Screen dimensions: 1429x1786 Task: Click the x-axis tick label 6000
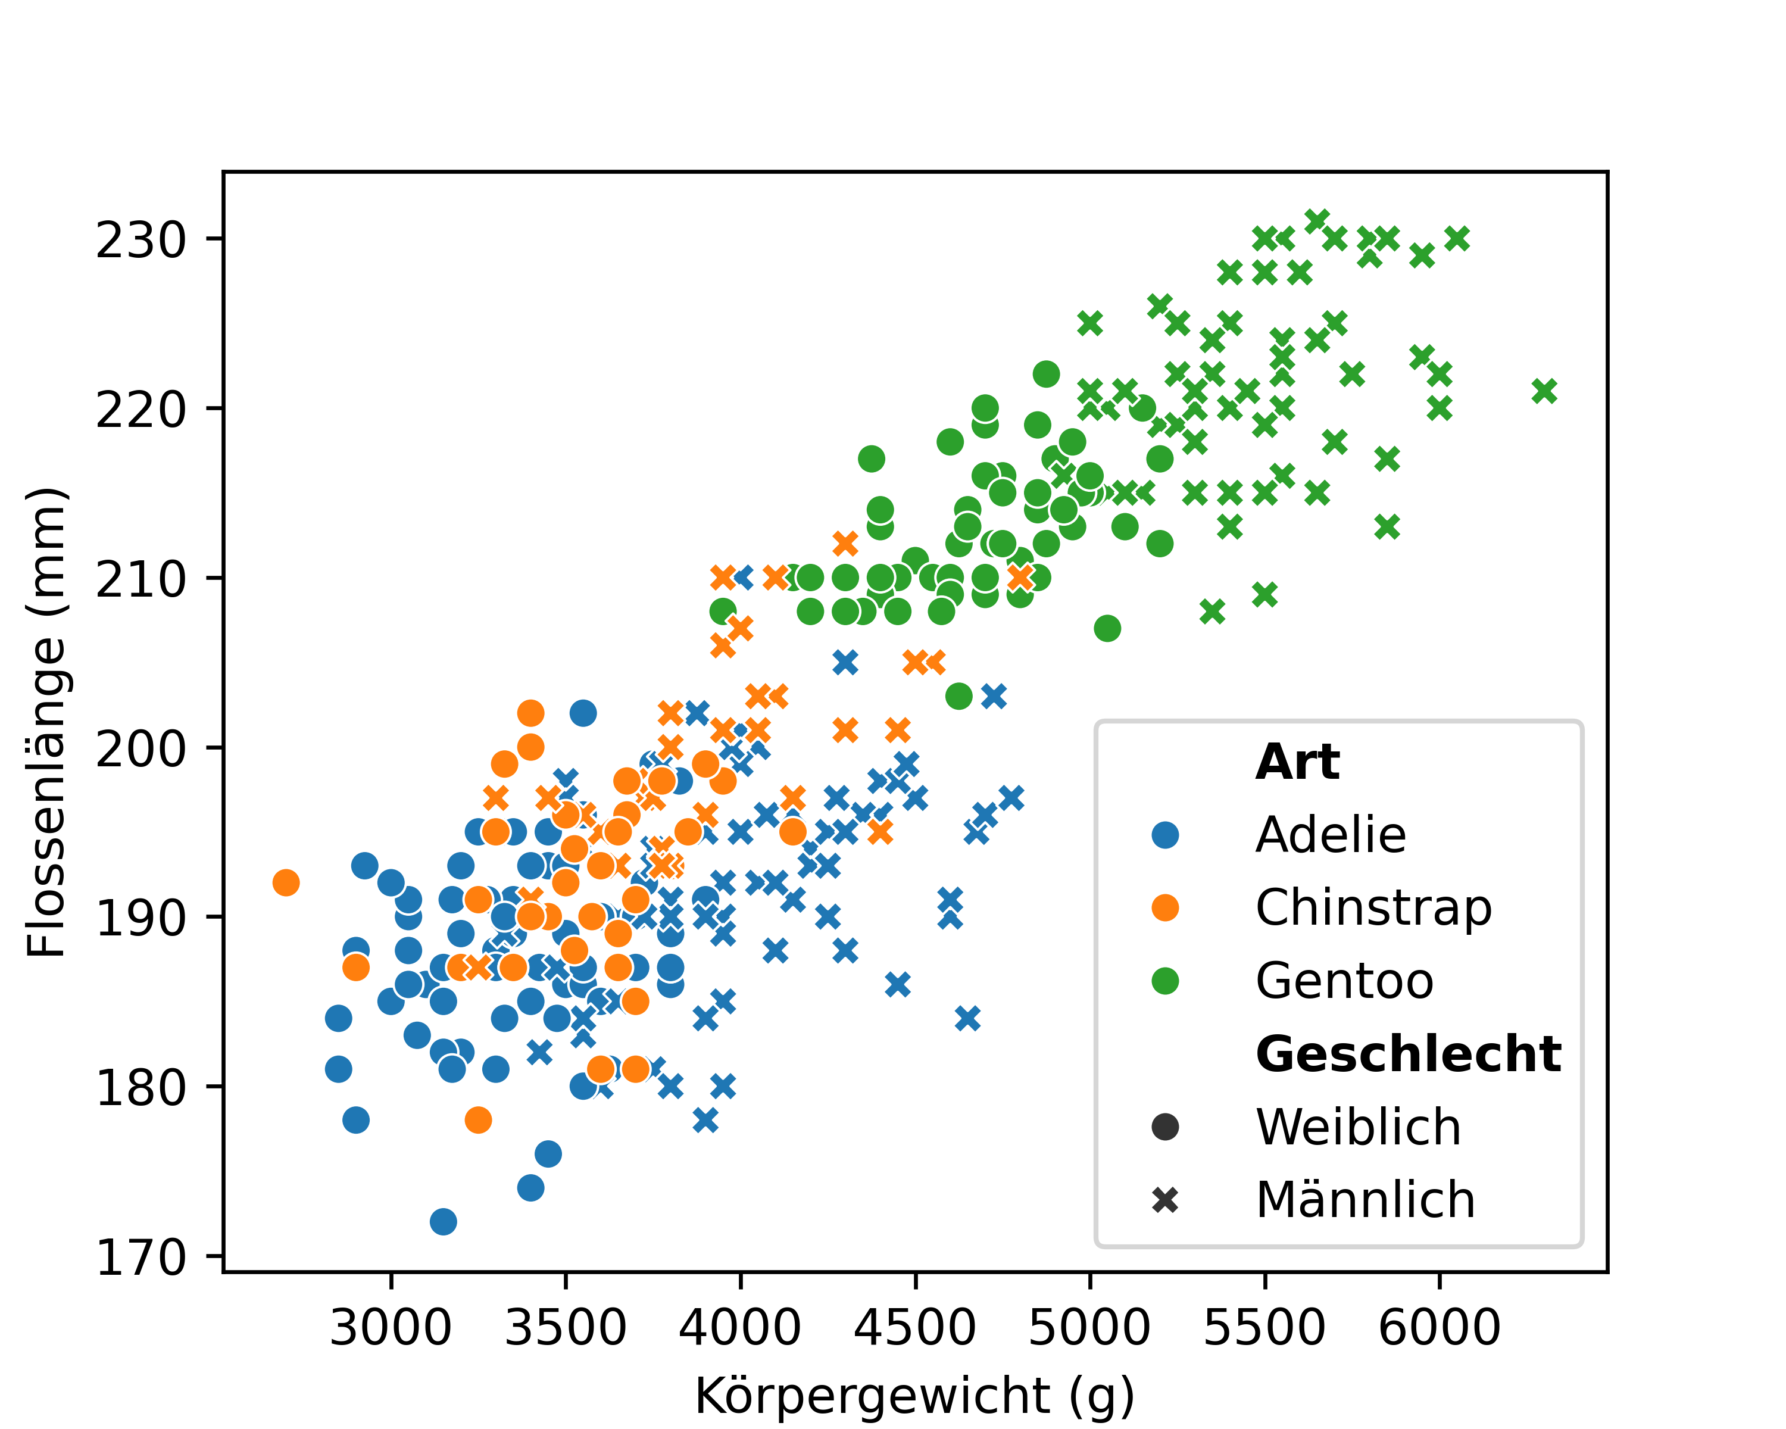[1439, 1327]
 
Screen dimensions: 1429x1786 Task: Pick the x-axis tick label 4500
[914, 1327]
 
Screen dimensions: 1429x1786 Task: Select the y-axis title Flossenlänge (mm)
[46, 722]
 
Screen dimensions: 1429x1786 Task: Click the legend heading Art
[1297, 762]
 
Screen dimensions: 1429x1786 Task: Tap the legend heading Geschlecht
[1407, 1054]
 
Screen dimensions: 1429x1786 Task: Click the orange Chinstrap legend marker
[1164, 908]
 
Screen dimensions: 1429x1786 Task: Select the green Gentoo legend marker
[1164, 981]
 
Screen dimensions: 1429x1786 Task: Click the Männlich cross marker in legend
[1164, 1200]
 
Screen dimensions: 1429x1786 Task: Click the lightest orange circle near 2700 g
[286, 883]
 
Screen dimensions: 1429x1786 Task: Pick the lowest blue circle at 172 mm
[443, 1222]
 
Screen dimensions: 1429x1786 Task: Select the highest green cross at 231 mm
[1316, 221]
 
